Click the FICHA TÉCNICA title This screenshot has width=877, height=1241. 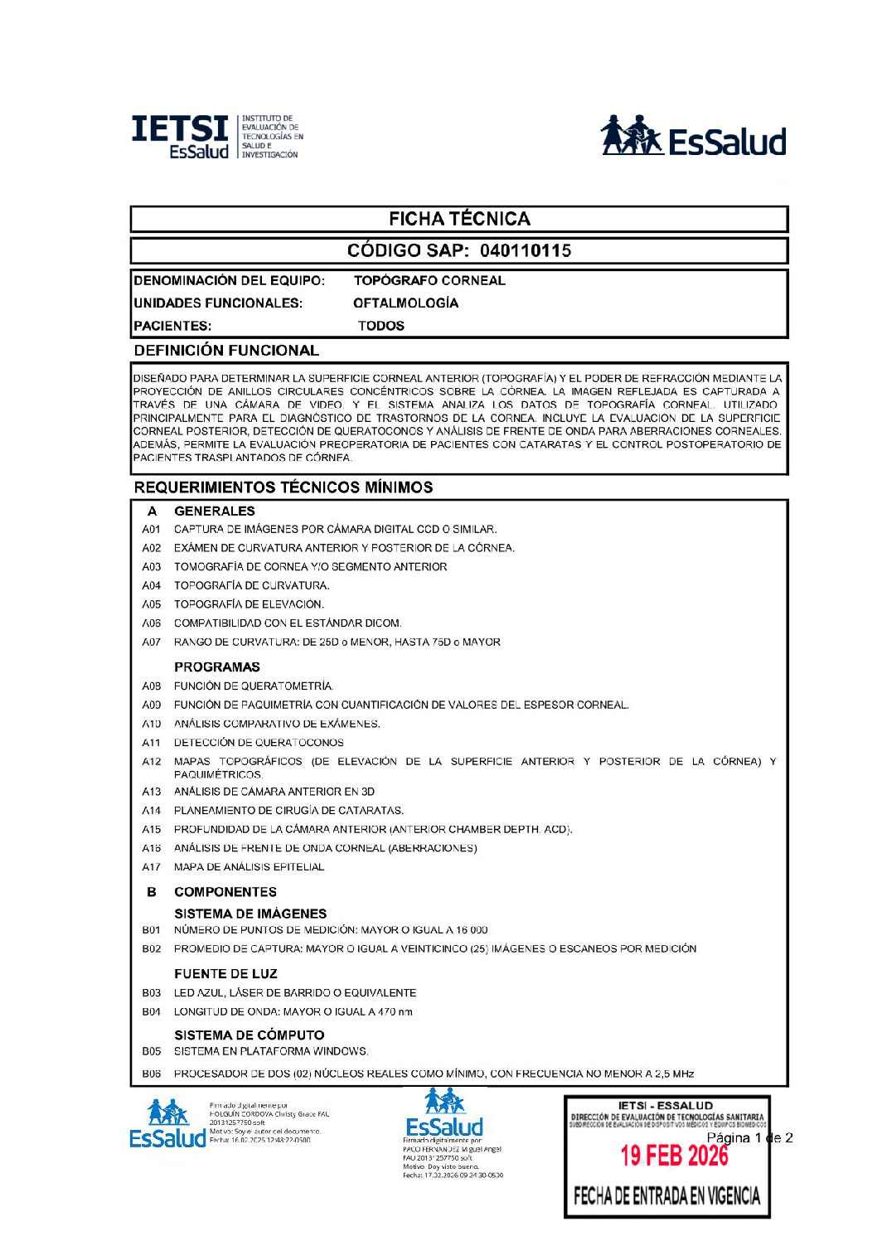click(x=459, y=219)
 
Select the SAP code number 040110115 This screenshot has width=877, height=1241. click(x=526, y=250)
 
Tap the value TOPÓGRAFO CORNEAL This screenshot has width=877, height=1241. click(x=429, y=280)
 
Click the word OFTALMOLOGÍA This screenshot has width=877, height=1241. click(x=405, y=303)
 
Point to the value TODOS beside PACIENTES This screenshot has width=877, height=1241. click(x=381, y=326)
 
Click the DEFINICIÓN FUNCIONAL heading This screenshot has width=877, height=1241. click(x=226, y=351)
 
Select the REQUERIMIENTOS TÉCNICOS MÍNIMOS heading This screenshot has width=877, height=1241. click(x=283, y=487)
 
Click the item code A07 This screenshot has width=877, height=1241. click(x=152, y=642)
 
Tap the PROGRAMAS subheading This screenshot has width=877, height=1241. click(x=217, y=667)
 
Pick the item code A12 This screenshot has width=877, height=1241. click(x=152, y=762)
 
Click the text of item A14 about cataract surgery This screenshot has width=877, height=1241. click(x=288, y=811)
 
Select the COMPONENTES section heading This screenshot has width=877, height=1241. click(x=225, y=892)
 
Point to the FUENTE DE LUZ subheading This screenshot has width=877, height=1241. click(x=225, y=974)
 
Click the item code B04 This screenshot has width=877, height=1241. click(x=152, y=1012)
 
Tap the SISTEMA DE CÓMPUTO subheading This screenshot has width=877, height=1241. click(x=249, y=1035)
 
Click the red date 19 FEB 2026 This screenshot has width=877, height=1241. click(x=674, y=1156)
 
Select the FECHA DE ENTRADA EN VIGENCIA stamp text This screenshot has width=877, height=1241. click(x=666, y=1195)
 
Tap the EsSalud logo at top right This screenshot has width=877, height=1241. click(x=693, y=137)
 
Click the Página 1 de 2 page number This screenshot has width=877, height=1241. click(x=749, y=1138)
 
